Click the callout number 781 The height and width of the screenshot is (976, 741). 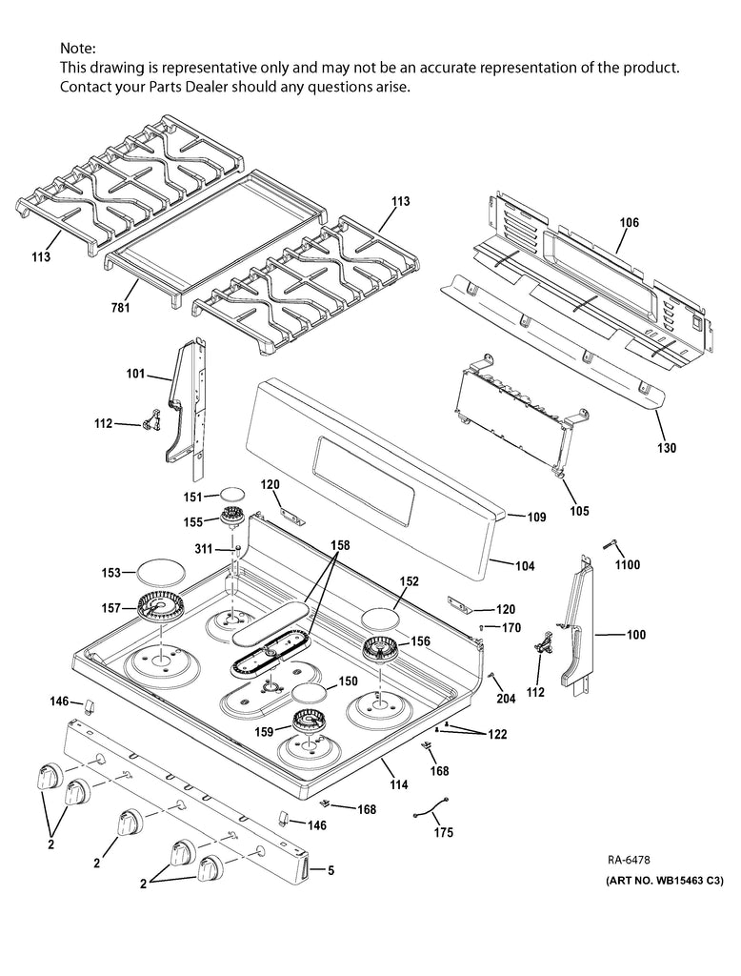[120, 307]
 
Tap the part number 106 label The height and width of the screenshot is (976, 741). [630, 223]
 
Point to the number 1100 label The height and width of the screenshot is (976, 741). [627, 565]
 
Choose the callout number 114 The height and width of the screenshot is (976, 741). [398, 785]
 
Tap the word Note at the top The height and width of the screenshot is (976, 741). [77, 48]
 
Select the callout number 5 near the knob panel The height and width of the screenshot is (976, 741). [330, 869]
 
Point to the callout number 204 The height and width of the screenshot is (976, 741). [505, 699]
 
